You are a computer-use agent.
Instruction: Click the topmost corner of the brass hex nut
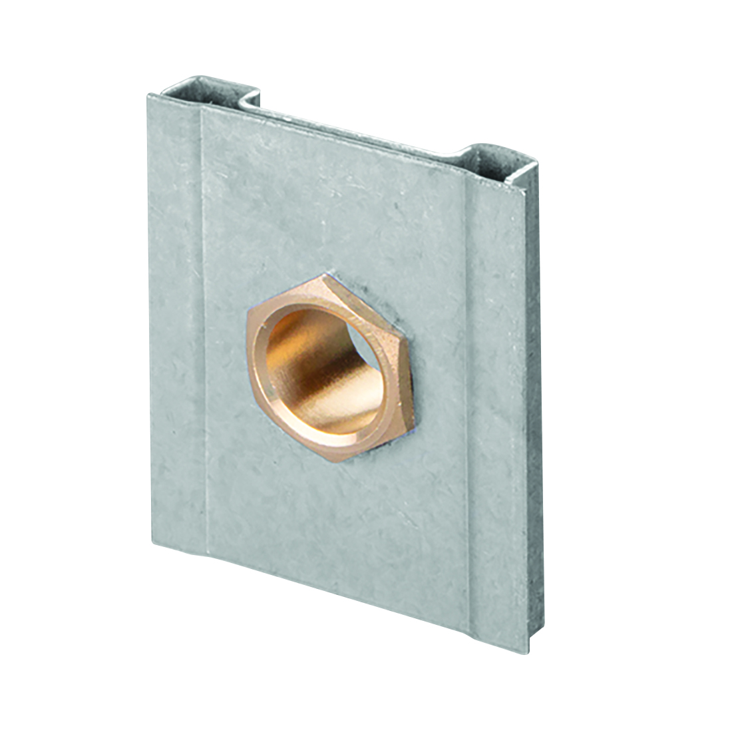point(326,274)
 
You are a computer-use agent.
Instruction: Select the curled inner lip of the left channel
point(250,100)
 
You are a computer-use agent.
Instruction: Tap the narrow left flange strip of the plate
point(174,319)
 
